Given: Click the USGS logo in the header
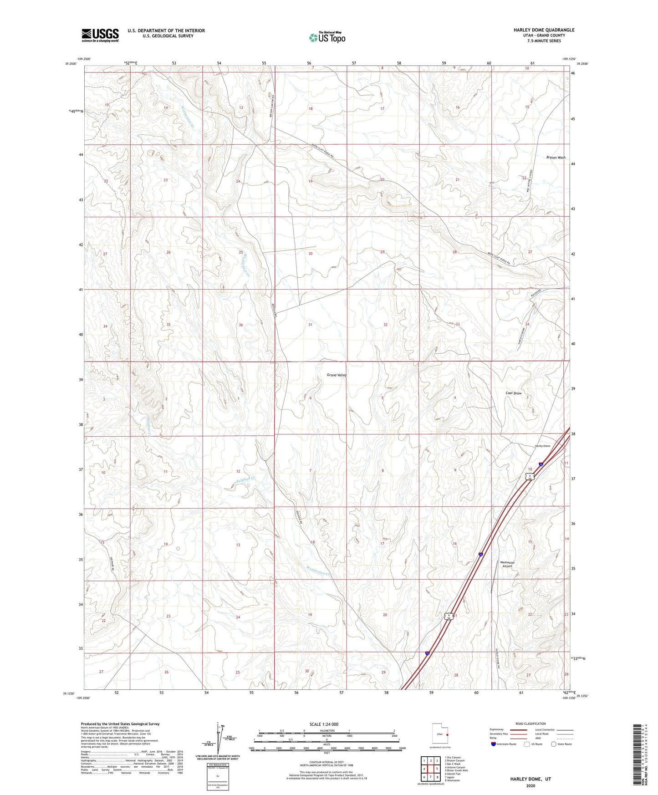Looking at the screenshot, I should (x=100, y=35).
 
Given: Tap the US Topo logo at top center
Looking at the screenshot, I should (x=326, y=37).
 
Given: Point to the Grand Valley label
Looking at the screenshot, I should (x=337, y=375).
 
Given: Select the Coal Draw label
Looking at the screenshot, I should (x=513, y=393).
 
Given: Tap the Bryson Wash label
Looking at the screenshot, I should (x=556, y=158).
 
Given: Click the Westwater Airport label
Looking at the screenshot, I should (x=507, y=564).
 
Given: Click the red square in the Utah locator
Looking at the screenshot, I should (x=447, y=734).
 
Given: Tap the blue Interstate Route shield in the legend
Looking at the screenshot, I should (x=494, y=744).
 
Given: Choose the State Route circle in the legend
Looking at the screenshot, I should (x=554, y=744).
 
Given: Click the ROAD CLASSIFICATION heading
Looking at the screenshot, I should (x=530, y=724).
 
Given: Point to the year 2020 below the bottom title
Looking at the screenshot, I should (x=530, y=785).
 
